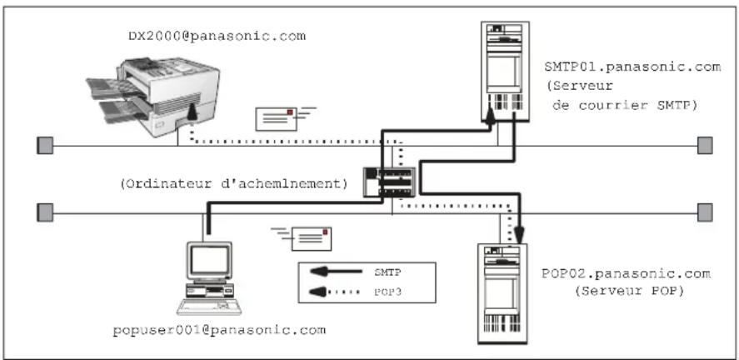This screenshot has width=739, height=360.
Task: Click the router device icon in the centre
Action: tap(388, 182)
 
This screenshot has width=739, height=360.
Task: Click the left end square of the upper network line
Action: tap(46, 147)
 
